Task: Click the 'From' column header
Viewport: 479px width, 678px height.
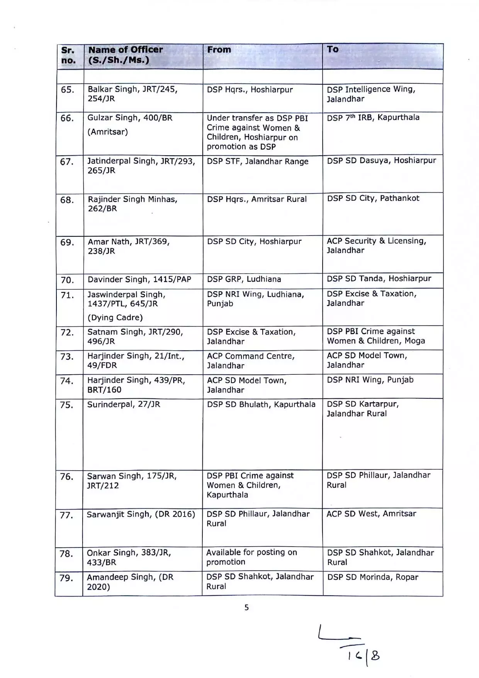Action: click(x=219, y=50)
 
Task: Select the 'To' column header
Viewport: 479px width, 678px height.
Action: click(x=333, y=49)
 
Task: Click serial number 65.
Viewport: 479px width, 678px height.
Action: click(x=67, y=90)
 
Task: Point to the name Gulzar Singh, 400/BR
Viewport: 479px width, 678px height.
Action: click(x=130, y=118)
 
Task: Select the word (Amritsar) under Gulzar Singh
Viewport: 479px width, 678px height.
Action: click(x=107, y=132)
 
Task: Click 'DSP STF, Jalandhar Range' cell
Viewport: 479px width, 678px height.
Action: click(x=257, y=161)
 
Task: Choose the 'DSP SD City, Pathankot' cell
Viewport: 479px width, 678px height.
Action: click(x=373, y=198)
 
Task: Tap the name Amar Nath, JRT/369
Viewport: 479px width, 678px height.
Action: click(x=129, y=242)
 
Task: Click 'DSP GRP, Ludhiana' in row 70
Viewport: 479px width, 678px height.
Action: click(x=244, y=279)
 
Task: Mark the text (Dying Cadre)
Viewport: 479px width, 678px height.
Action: click(x=115, y=318)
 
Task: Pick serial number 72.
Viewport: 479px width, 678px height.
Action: click(x=67, y=332)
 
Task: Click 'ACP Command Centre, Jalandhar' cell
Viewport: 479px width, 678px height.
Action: click(x=251, y=360)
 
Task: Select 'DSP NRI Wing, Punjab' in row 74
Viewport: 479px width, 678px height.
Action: click(x=370, y=380)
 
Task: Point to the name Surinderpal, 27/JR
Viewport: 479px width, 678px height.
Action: click(x=123, y=404)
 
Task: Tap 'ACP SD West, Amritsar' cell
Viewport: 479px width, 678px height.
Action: click(x=371, y=513)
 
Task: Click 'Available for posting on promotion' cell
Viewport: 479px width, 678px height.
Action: click(x=251, y=557)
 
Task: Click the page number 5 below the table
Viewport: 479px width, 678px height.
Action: click(x=246, y=608)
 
